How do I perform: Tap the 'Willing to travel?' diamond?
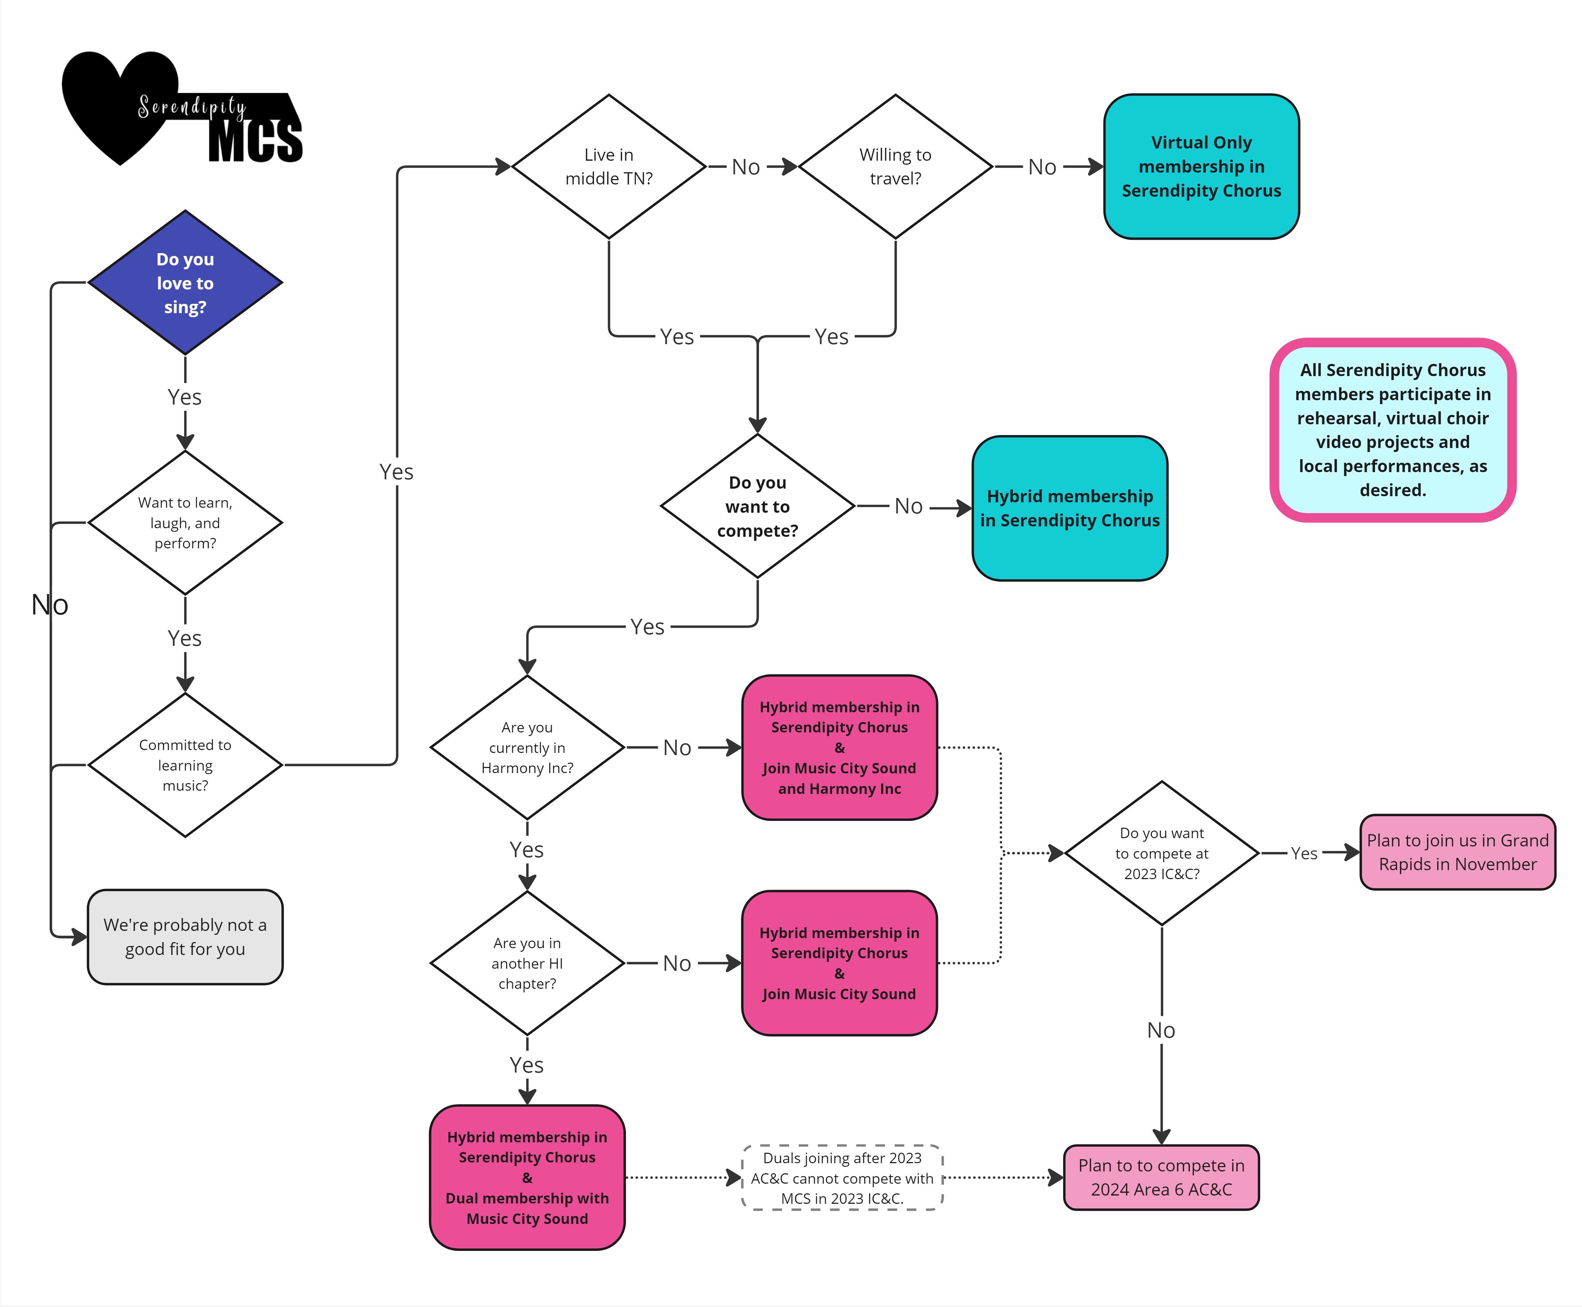click(x=895, y=166)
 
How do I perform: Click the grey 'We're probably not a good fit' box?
click(x=185, y=937)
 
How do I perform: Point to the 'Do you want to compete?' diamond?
click(x=758, y=506)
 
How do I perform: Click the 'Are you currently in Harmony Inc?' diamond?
click(x=527, y=748)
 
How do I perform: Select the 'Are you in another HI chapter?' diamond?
click(x=527, y=963)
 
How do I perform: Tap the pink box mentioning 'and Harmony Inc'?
click(x=840, y=748)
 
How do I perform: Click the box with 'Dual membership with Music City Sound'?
click(x=527, y=1178)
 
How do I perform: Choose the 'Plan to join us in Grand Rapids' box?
click(x=1458, y=852)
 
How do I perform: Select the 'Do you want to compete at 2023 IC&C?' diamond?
click(x=1162, y=853)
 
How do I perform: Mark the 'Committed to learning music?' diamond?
click(x=185, y=765)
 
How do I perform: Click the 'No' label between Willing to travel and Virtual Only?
click(x=1042, y=167)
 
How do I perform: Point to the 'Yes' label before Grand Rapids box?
click(x=1304, y=853)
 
